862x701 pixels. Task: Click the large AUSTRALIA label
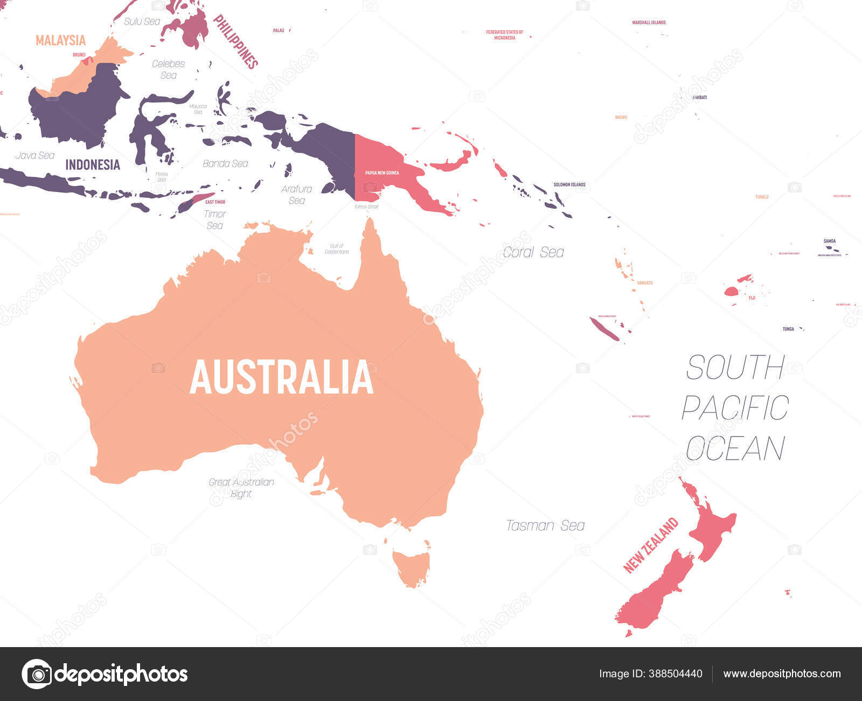[281, 377]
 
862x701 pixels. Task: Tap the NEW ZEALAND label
[650, 545]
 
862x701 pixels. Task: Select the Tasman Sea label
[545, 526]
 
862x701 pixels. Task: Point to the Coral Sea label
[533, 252]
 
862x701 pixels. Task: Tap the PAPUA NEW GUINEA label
[382, 173]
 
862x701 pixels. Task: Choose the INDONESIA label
[93, 165]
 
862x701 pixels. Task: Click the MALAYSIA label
[60, 40]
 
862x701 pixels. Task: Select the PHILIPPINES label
[235, 42]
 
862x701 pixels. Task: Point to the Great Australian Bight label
[241, 488]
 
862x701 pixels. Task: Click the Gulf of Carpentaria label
[337, 249]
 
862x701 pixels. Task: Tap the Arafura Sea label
[296, 195]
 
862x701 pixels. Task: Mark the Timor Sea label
[215, 219]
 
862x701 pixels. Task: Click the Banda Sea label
[225, 163]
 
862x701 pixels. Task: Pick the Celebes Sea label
[168, 69]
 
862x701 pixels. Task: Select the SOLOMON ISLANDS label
[569, 184]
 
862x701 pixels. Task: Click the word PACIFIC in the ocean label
[735, 408]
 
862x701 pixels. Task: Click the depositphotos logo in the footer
[105, 674]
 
